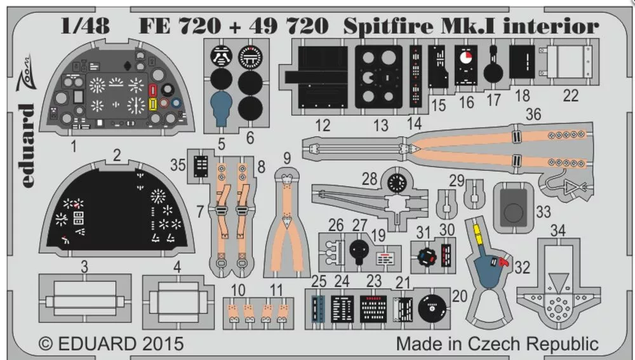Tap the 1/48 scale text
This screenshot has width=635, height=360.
85,26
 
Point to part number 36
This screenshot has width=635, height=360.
533,114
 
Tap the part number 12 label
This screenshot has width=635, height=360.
323,125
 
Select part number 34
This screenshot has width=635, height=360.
558,230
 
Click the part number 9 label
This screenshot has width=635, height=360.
287,157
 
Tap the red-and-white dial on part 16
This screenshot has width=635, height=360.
466,59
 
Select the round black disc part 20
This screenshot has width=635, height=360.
432,307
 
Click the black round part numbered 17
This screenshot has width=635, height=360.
494,72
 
